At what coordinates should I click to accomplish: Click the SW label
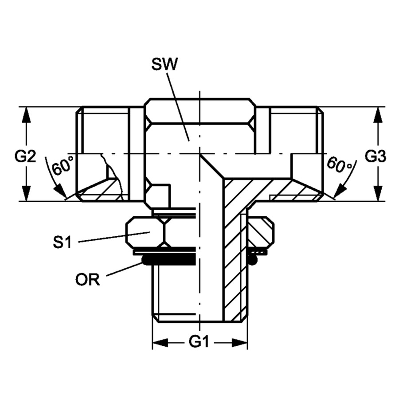164,64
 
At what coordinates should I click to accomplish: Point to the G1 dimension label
199,342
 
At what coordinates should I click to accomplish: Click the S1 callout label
63,242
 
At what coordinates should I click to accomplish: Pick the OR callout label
87,280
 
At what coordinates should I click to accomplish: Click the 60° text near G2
63,166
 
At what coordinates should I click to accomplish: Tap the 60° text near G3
340,165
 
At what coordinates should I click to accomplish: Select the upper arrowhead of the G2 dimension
26,115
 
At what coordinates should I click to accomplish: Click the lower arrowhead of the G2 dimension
26,193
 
